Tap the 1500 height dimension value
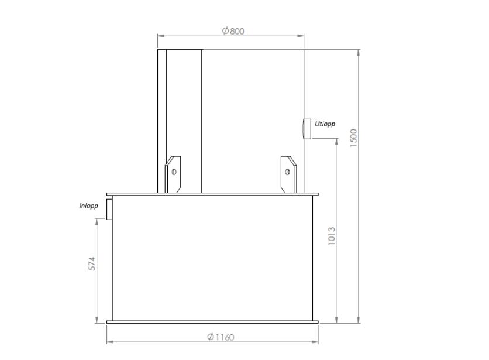(353, 138)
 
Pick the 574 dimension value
(91, 263)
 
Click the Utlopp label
(324, 124)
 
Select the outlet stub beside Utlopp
(307, 128)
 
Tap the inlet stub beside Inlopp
(109, 209)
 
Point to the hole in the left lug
(174, 172)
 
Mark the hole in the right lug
(287, 172)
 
